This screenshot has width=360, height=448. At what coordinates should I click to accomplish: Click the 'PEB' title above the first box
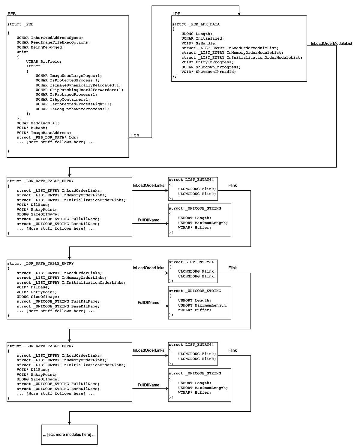(12, 14)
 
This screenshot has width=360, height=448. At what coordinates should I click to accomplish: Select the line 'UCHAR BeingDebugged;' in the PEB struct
(40, 47)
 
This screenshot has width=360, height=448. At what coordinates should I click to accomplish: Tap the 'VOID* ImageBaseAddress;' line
(44, 133)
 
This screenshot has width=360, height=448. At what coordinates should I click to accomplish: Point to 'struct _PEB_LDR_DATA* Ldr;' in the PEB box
(47, 138)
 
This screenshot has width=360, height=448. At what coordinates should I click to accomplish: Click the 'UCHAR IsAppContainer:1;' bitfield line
(63, 99)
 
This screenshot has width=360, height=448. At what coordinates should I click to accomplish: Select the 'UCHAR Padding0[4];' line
(38, 123)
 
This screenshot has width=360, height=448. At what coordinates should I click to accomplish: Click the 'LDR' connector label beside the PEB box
(135, 136)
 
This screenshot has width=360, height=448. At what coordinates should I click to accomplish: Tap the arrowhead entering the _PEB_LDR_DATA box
(239, 14)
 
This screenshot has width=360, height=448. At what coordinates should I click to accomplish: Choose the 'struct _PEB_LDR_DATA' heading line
(196, 24)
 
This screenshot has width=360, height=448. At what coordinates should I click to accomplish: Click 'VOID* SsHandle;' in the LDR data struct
(199, 43)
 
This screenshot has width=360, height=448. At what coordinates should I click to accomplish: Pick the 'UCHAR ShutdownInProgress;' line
(211, 67)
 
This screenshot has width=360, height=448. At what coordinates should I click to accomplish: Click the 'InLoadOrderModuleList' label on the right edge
(331, 44)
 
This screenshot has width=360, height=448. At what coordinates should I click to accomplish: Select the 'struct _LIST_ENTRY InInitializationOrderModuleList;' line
(242, 57)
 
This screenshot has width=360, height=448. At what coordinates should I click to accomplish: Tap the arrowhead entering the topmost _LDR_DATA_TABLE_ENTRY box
(69, 175)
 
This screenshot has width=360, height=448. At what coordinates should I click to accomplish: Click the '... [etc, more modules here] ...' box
(69, 434)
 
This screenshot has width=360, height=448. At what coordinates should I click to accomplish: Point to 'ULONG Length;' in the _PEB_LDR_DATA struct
(197, 34)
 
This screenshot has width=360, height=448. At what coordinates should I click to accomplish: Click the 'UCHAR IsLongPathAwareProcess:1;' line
(72, 109)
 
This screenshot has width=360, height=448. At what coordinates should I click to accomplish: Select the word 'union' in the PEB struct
(22, 52)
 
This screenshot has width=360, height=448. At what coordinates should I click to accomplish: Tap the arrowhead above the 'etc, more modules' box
(69, 423)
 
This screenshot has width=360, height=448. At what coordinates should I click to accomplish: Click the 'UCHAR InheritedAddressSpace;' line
(50, 38)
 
